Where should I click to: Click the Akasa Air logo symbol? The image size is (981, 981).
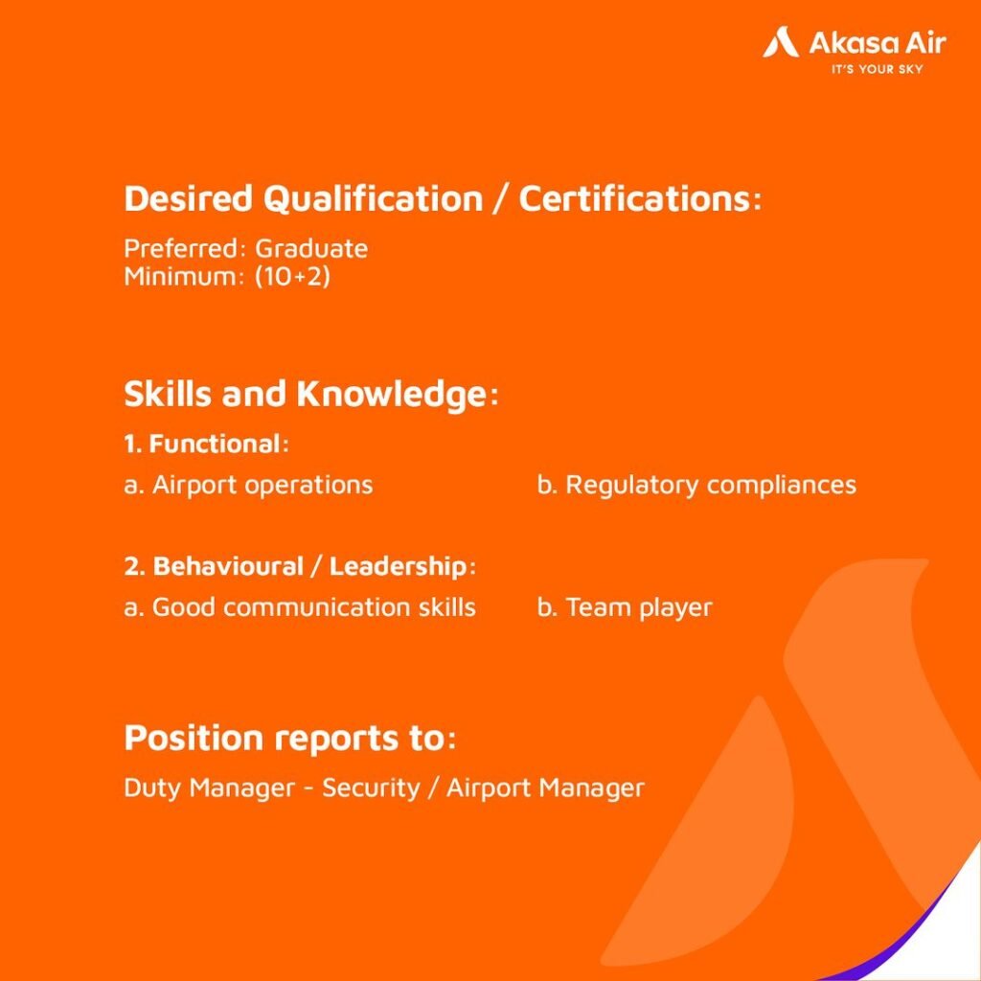(781, 43)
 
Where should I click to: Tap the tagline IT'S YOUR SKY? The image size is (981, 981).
(877, 69)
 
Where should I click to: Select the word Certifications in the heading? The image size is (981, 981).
(632, 199)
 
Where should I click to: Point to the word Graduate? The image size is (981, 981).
(311, 249)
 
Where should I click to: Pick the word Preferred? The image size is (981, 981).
(181, 249)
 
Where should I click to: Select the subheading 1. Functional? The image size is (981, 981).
(205, 445)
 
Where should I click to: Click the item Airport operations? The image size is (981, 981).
(249, 485)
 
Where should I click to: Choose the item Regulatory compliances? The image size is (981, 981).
(696, 485)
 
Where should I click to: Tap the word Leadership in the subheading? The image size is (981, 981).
(398, 566)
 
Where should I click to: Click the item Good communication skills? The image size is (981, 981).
(300, 607)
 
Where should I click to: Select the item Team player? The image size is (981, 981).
(625, 607)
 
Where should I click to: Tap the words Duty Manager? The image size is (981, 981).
(205, 788)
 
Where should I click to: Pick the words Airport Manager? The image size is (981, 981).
(545, 788)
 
